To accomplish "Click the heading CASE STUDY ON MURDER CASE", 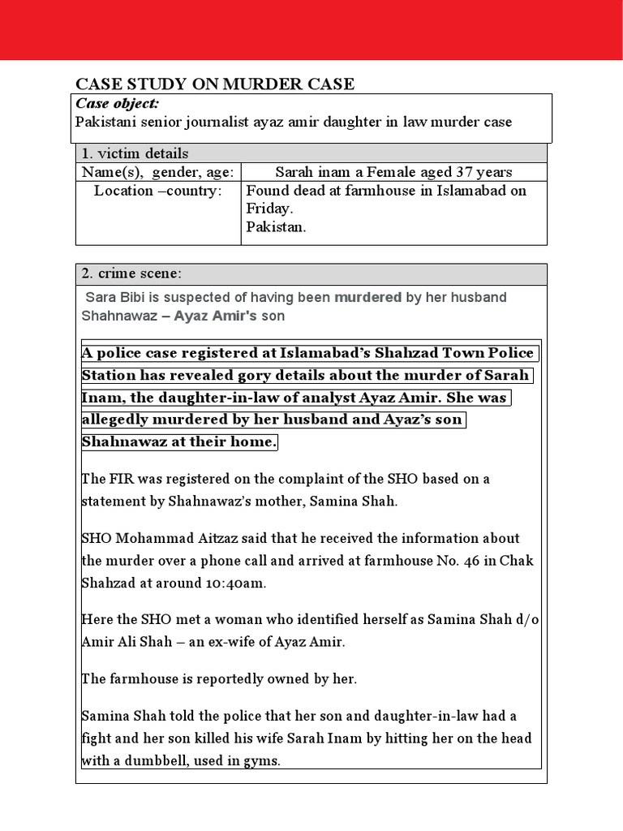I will (215, 84).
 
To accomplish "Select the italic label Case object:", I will (117, 103).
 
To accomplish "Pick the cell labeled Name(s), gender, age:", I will (158, 172).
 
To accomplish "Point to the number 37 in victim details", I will (449, 172).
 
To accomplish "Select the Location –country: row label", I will (157, 191).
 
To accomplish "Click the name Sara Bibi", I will (113, 297).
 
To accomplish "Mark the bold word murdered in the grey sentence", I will (367, 297).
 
